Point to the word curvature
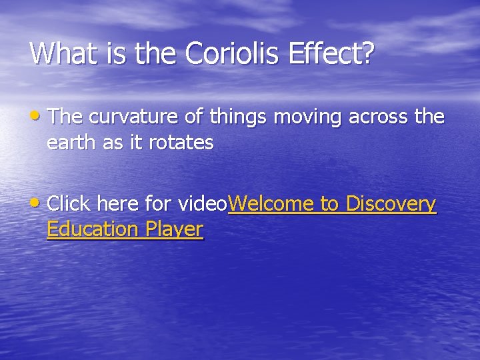137,117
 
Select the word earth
71,143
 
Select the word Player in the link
173,230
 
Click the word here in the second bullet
117,203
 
